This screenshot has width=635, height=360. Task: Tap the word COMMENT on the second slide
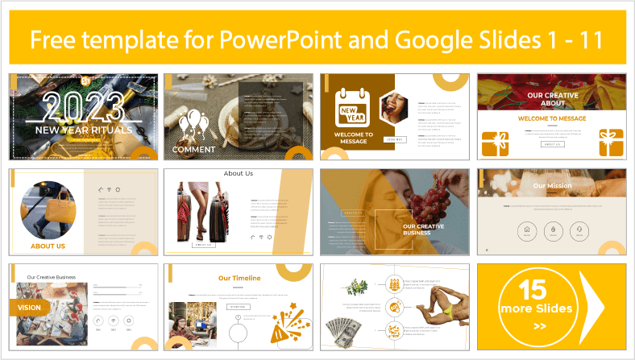193,149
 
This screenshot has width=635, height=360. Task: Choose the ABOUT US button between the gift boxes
551,144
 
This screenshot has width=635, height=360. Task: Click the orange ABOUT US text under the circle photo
48,246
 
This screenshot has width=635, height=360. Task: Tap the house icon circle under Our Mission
527,230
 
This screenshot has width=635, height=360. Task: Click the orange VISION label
31,306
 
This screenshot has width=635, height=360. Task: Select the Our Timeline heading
239,278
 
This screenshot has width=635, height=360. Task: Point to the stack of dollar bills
347,331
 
